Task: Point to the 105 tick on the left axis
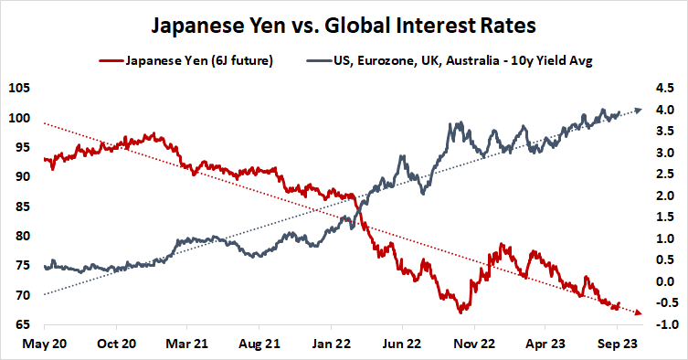tap(17, 89)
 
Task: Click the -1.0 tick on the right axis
tap(663, 324)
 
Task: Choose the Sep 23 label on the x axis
tap(617, 344)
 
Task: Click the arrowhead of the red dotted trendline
tap(638, 313)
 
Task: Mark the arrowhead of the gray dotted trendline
tap(638, 110)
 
